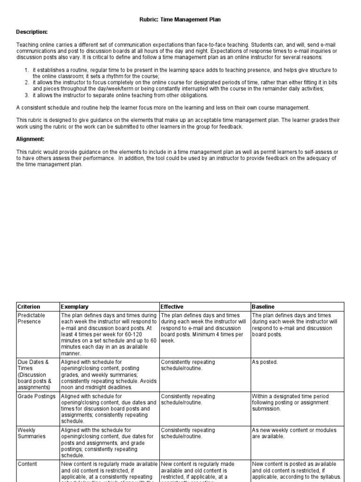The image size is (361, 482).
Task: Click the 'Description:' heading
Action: (x=32, y=32)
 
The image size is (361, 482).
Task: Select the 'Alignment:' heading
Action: (x=30, y=139)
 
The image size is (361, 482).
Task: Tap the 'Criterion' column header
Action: (x=29, y=306)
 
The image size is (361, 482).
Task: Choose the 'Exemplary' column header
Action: (x=75, y=306)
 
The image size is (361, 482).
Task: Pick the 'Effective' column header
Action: (x=172, y=306)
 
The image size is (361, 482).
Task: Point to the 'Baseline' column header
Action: (x=264, y=306)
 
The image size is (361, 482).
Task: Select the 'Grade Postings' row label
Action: (x=36, y=396)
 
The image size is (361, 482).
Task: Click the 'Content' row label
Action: (x=27, y=464)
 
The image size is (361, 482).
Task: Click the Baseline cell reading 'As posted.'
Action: (x=265, y=362)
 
